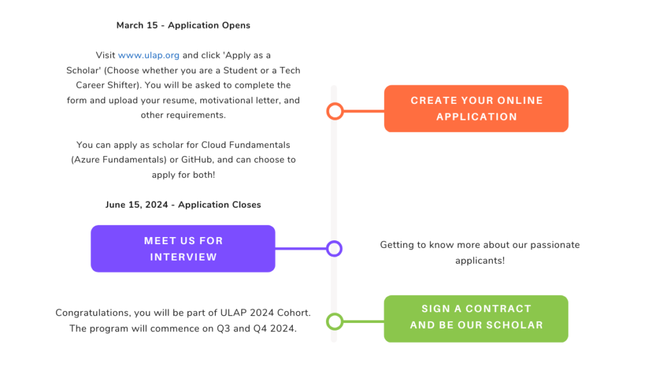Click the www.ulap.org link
click(148, 55)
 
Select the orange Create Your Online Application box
click(476, 108)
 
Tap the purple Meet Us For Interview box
click(183, 249)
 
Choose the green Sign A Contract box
click(476, 319)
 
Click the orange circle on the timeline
click(328, 112)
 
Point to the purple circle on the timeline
click(327, 249)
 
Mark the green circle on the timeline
click(328, 321)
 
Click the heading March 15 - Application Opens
click(183, 25)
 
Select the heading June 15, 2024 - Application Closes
click(183, 205)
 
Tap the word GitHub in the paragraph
click(196, 160)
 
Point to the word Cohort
click(293, 313)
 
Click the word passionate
click(555, 245)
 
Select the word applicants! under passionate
click(480, 261)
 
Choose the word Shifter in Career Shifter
click(124, 85)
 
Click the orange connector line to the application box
click(364, 111)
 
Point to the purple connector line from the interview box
click(301, 249)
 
